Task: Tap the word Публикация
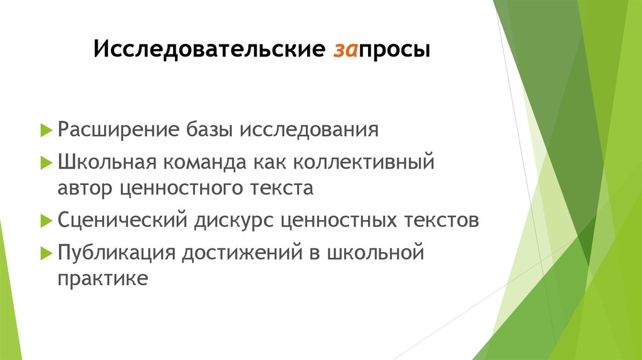(115, 253)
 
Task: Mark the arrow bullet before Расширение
(46, 130)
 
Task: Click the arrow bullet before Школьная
(46, 163)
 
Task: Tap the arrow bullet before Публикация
(46, 253)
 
